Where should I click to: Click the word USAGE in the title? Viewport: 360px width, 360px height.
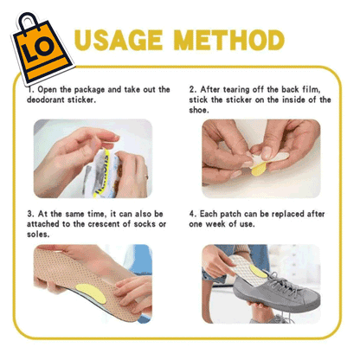pyautogui.click(x=119, y=40)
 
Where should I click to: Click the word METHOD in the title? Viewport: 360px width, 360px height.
pyautogui.click(x=229, y=40)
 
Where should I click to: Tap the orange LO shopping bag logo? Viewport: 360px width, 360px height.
pyautogui.click(x=42, y=48)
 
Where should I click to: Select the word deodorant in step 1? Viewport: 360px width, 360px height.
pyautogui.click(x=46, y=100)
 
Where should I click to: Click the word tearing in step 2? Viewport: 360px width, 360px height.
pyautogui.click(x=235, y=90)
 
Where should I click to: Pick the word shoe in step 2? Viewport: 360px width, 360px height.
pyautogui.click(x=198, y=110)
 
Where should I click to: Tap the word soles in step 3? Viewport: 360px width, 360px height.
pyautogui.click(x=38, y=235)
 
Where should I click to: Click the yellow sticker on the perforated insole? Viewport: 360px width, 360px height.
pyautogui.click(x=91, y=293)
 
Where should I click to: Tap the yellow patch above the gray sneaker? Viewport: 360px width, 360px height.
pyautogui.click(x=258, y=271)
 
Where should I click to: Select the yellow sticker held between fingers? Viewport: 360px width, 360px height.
pyautogui.click(x=259, y=170)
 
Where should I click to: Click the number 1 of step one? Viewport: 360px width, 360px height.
pyautogui.click(x=30, y=90)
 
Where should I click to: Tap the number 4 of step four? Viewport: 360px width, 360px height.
pyautogui.click(x=192, y=214)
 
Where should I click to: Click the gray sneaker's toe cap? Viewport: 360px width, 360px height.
pyautogui.click(x=309, y=299)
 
